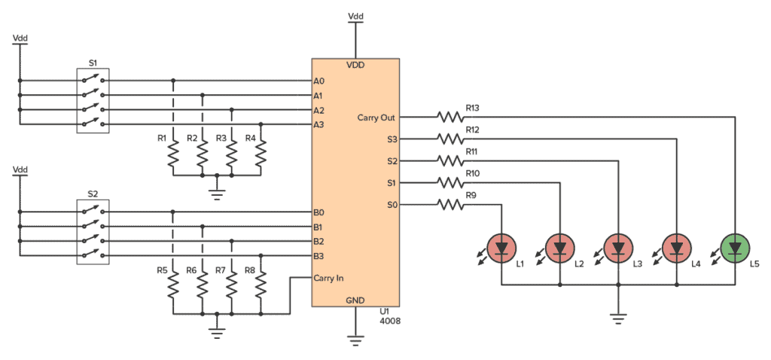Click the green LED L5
[x=733, y=246]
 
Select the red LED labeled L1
[x=501, y=246]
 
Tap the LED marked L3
[x=618, y=246]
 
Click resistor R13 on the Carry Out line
[x=450, y=117]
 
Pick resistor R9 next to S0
[x=450, y=204]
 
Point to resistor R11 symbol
[x=450, y=160]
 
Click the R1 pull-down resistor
[x=173, y=155]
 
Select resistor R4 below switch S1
[x=261, y=155]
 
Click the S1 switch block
[x=93, y=102]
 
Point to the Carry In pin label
[x=330, y=278]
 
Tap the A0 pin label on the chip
[x=319, y=81]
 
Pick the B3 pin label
[x=319, y=256]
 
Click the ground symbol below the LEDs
[x=618, y=318]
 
